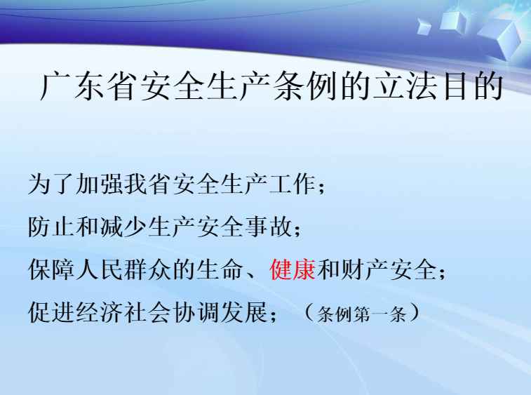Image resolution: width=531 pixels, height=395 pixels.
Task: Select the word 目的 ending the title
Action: point(473,86)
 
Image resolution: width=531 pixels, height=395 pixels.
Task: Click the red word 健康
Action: point(293,269)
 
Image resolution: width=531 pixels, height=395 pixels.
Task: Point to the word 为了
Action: point(50,184)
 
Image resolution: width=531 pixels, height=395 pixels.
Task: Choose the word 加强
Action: point(99,184)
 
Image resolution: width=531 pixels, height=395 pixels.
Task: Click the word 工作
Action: point(292,184)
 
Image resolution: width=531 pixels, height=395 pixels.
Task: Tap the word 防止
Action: point(50,227)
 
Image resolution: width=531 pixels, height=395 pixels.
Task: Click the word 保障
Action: point(50,269)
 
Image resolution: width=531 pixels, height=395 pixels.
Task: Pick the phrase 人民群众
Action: point(123,269)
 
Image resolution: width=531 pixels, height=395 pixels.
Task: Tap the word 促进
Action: point(50,312)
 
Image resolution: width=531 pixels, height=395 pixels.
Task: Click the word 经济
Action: point(99,312)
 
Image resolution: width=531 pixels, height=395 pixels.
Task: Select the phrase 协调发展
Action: point(220,312)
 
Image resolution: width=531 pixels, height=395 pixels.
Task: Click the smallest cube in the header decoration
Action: point(424,26)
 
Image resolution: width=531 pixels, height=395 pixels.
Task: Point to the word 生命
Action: point(220,269)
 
